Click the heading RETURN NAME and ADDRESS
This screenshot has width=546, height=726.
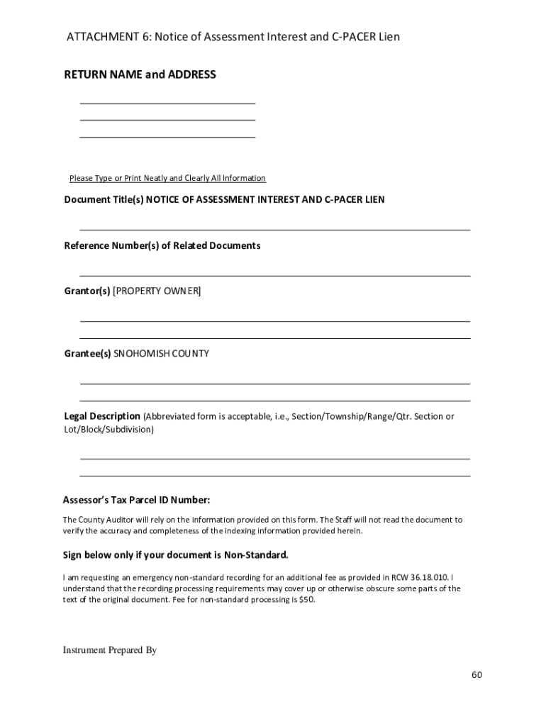click(x=140, y=74)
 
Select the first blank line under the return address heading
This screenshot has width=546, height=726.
click(x=167, y=103)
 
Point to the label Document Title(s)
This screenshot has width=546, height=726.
click(x=104, y=200)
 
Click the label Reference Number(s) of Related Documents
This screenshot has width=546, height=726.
click(x=162, y=246)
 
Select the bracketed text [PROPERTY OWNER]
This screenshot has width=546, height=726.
click(x=157, y=291)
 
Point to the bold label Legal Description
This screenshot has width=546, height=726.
click(x=102, y=416)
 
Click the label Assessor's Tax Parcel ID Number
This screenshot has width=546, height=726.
click(x=137, y=500)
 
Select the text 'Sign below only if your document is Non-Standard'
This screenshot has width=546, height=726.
click(x=176, y=554)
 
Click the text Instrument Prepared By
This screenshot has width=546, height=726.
click(x=109, y=650)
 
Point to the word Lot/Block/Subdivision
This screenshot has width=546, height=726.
click(x=108, y=430)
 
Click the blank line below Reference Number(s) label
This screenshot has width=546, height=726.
click(x=274, y=275)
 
